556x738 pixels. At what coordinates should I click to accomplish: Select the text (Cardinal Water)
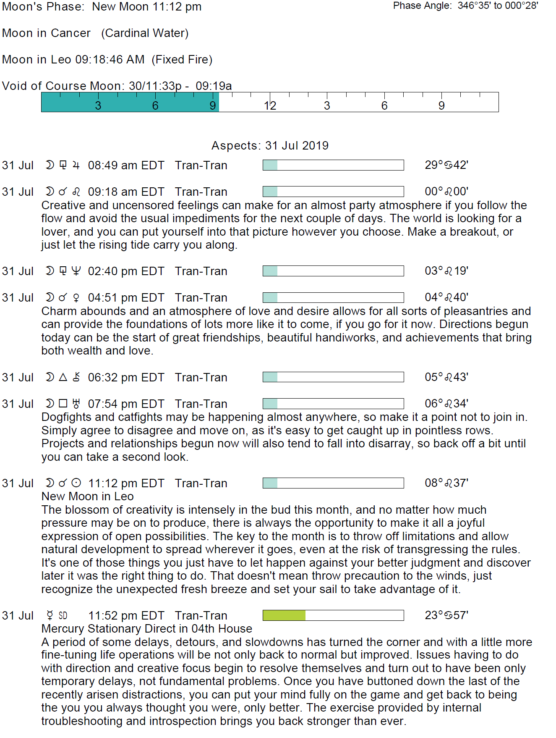[145, 33]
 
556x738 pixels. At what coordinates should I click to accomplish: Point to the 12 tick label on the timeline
[270, 106]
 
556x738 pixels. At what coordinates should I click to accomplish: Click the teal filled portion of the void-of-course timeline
[130, 102]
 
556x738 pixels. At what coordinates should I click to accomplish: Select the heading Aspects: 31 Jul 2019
[270, 146]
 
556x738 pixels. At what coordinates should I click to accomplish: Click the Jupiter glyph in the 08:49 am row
[76, 165]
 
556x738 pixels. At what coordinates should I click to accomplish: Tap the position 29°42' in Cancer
[446, 165]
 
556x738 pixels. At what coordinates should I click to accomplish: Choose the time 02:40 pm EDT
[126, 271]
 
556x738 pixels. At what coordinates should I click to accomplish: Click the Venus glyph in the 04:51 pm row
[76, 298]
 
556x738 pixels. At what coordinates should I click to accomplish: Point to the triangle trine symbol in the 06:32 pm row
[63, 377]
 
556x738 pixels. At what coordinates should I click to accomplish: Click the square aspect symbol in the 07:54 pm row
[63, 404]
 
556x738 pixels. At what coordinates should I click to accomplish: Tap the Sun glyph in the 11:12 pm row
[76, 483]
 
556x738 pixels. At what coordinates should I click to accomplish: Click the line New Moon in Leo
[87, 496]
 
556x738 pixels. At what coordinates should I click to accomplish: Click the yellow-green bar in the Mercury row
[284, 615]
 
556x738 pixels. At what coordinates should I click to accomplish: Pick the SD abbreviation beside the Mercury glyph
[63, 616]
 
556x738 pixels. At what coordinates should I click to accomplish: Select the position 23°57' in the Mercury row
[446, 615]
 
